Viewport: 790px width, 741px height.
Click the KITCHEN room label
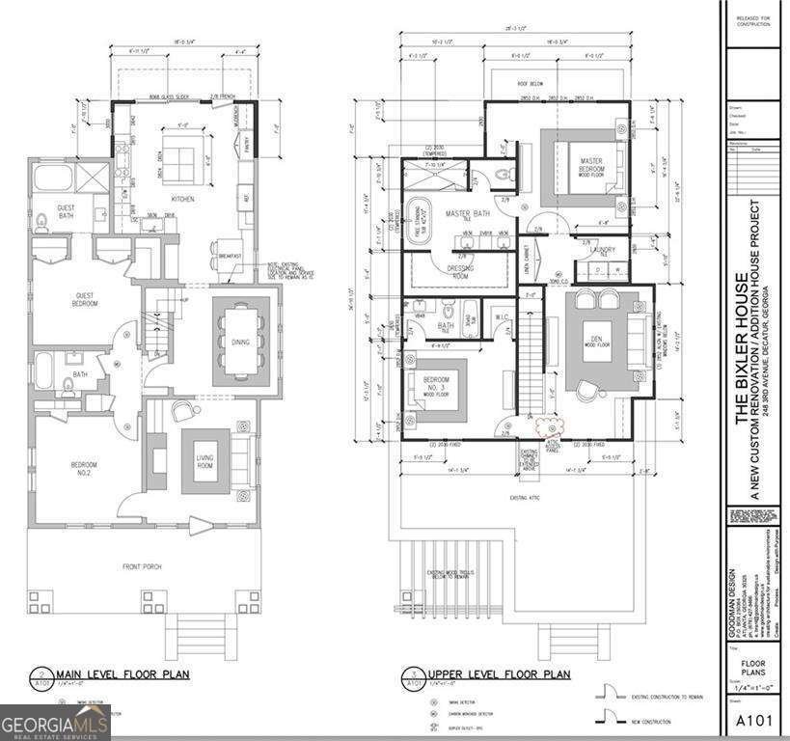182,200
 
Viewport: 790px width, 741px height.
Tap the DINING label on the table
238,341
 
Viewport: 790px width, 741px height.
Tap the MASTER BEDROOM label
591,165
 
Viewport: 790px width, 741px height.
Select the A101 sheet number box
752,720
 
